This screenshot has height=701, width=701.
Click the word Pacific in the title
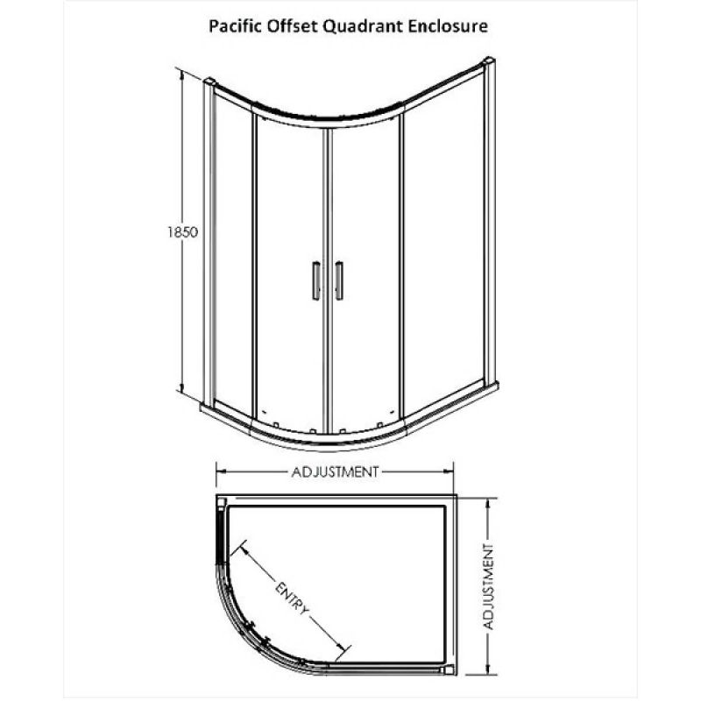[x=236, y=26]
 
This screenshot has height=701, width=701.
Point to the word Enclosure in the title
[x=448, y=26]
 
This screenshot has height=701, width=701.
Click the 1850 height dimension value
[x=182, y=232]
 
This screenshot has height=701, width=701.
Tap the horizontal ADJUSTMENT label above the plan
[x=335, y=471]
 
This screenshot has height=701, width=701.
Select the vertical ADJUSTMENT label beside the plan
[x=489, y=586]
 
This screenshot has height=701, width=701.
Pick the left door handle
[x=316, y=280]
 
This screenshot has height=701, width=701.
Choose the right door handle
[x=339, y=280]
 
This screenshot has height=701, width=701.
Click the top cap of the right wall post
[x=489, y=60]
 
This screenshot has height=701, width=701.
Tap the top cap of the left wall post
[x=209, y=81]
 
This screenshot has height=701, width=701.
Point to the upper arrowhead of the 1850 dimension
[x=182, y=76]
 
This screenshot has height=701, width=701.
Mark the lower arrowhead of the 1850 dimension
[x=182, y=388]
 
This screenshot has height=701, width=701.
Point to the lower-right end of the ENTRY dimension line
[x=344, y=648]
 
